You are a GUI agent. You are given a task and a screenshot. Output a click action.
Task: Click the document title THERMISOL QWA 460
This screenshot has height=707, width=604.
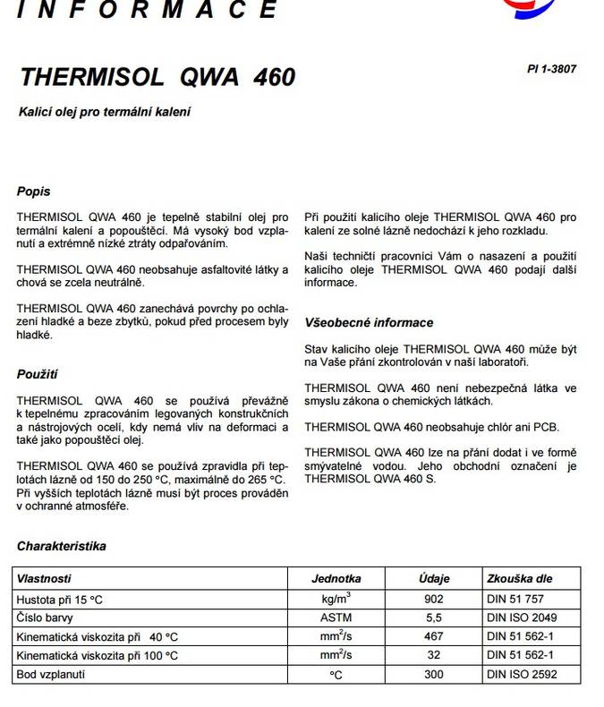click(157, 77)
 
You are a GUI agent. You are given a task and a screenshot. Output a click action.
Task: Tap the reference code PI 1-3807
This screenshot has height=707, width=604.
click(553, 68)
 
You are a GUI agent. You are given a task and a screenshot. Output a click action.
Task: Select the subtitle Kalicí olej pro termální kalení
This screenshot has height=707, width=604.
click(106, 113)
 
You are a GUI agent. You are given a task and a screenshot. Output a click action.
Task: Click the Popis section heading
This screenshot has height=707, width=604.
click(33, 192)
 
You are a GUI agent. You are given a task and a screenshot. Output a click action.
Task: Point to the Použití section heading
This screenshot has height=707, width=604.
click(37, 374)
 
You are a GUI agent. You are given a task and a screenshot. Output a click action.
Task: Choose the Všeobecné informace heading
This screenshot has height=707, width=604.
click(369, 322)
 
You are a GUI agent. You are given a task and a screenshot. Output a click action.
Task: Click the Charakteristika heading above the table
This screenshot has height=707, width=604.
click(61, 545)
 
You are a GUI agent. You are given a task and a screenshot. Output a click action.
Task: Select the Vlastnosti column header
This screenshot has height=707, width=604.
click(44, 579)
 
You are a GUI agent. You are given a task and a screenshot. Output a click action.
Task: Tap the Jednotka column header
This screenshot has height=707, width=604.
click(336, 579)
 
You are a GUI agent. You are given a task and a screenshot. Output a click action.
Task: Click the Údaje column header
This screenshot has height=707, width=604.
click(434, 579)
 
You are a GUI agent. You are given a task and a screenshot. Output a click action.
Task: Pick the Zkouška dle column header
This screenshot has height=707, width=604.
click(518, 579)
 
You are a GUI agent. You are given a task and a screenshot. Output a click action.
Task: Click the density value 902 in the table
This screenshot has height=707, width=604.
click(434, 599)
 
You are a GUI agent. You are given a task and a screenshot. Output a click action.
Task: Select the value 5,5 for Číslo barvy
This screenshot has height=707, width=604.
click(434, 618)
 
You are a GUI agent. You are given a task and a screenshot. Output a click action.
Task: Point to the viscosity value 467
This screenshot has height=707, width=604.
click(434, 636)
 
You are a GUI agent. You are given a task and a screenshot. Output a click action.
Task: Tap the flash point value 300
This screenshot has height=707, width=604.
click(434, 674)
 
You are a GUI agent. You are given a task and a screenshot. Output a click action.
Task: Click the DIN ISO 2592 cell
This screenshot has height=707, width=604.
click(522, 674)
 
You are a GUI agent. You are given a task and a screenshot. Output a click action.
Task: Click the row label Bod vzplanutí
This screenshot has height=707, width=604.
click(53, 674)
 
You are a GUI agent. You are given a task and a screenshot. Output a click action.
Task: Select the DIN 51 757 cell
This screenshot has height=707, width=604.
click(515, 599)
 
